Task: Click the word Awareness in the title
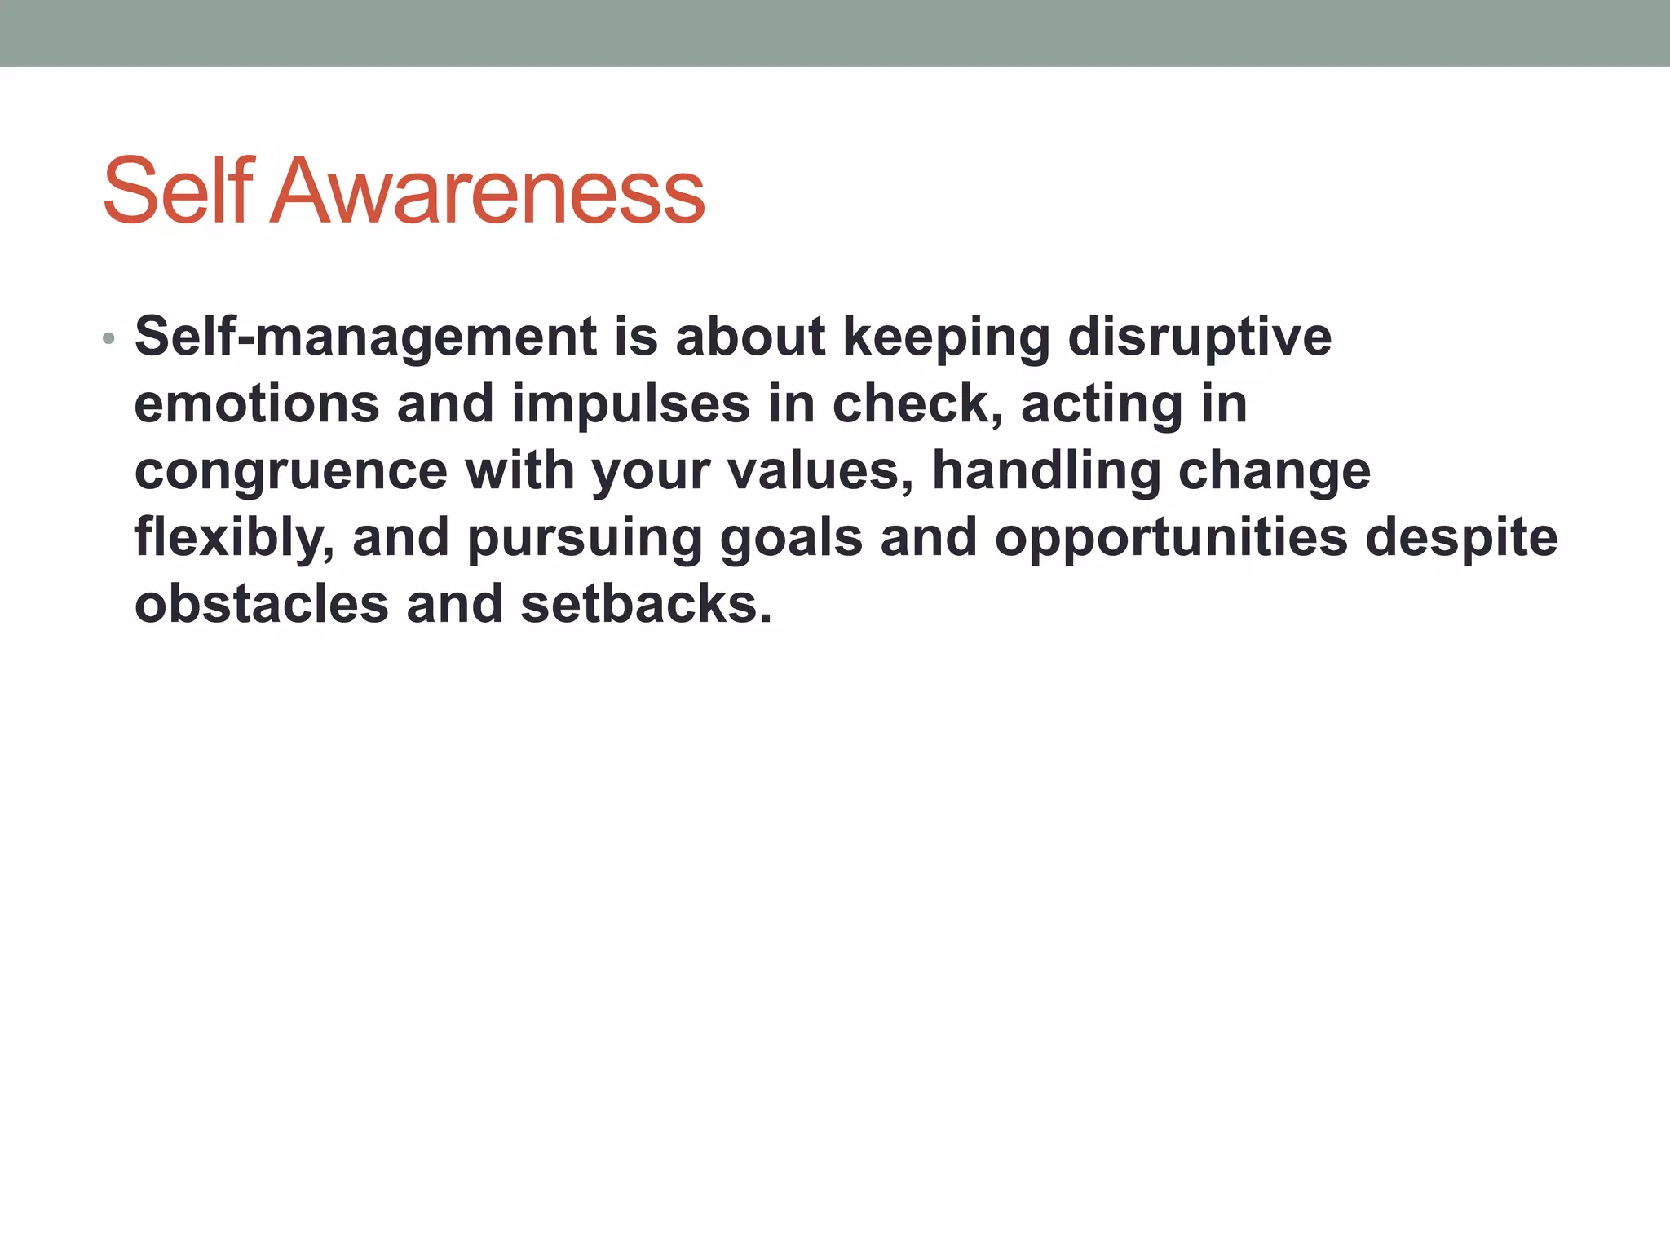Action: point(488,192)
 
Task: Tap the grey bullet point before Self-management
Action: point(108,338)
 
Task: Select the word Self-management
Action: point(365,337)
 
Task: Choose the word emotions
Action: point(257,404)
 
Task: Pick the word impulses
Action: point(630,404)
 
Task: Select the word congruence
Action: point(290,471)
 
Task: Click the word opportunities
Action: point(1171,538)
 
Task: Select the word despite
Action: point(1461,538)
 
